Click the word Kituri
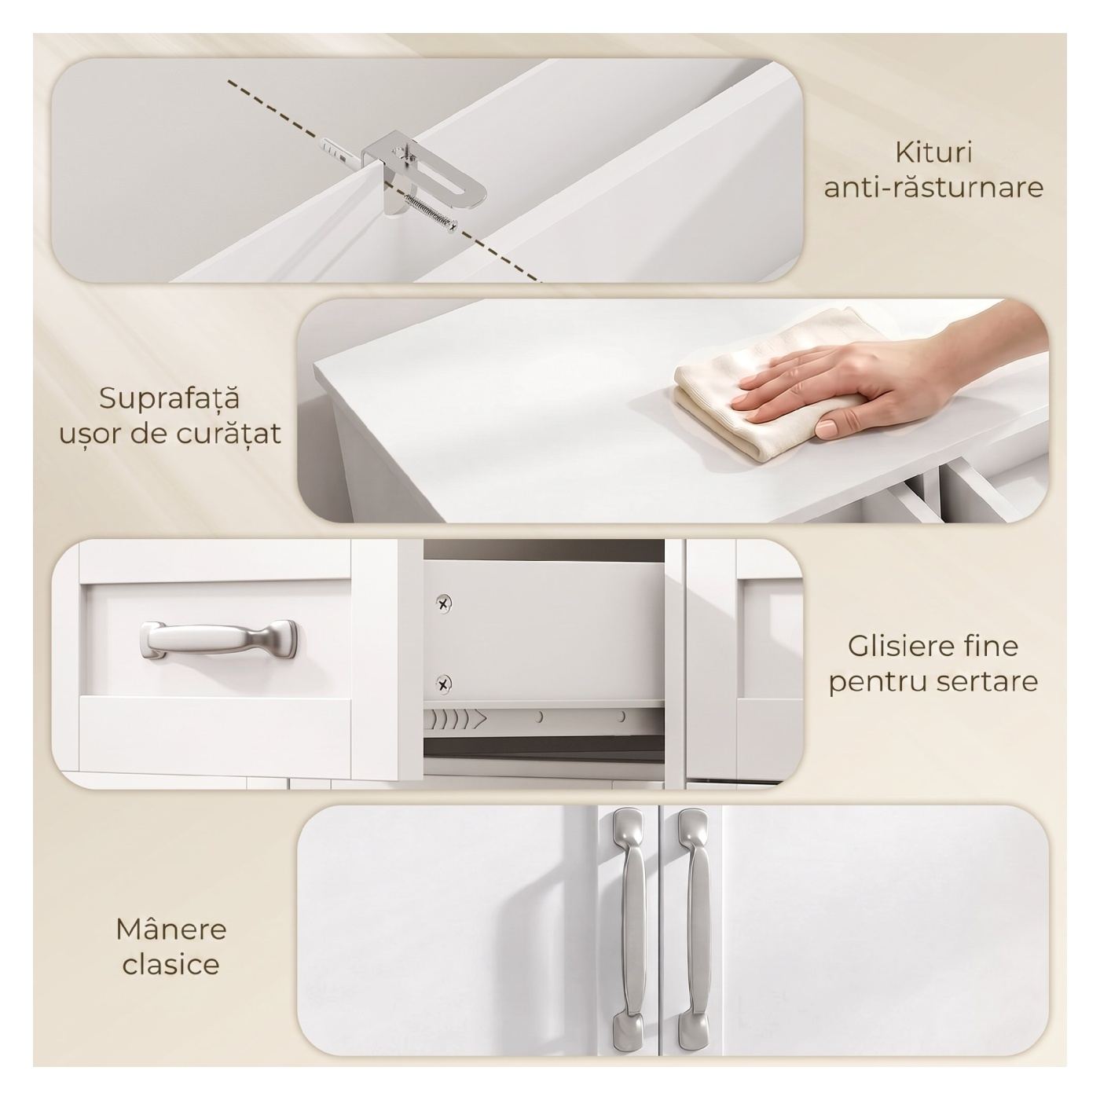(x=933, y=153)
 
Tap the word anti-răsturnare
(x=933, y=188)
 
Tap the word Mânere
(x=171, y=929)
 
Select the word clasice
(x=171, y=964)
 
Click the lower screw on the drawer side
(x=444, y=683)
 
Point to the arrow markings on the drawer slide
(x=458, y=719)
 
